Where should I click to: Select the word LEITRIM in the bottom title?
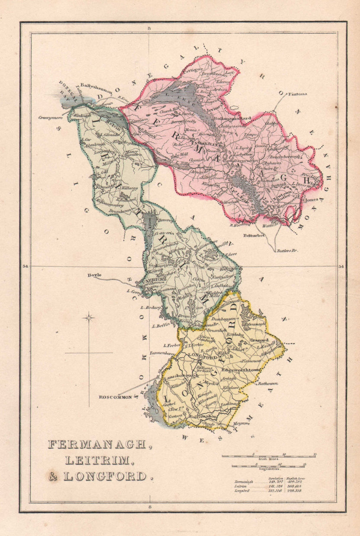click(97, 460)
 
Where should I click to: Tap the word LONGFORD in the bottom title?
click(105, 476)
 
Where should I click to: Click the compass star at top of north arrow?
click(89, 318)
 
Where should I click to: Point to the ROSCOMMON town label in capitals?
click(115, 396)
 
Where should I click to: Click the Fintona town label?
click(298, 93)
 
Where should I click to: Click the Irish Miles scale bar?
click(268, 456)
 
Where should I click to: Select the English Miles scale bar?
click(268, 466)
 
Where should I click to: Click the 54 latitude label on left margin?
click(26, 266)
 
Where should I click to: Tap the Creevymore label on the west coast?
click(51, 117)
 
